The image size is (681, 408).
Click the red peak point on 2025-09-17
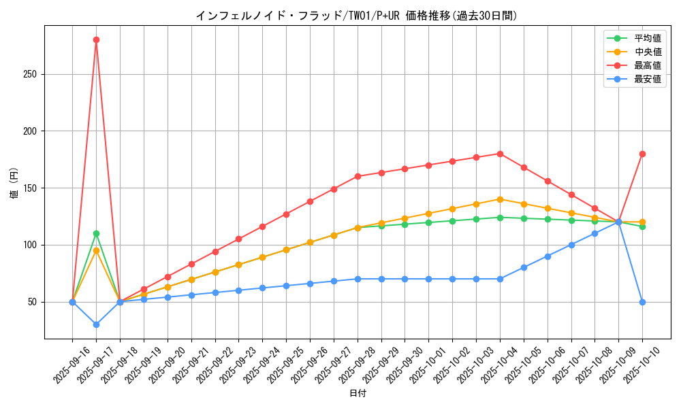point(96,39)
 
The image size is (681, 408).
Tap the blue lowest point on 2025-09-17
point(96,324)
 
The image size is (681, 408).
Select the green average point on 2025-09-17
point(96,233)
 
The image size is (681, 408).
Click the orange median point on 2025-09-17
point(96,250)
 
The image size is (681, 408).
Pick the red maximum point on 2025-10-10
point(642,154)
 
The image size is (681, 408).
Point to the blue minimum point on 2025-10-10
point(642,302)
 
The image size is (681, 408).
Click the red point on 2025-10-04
point(500,154)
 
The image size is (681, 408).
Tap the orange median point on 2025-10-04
point(500,199)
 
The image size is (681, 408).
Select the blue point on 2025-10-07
point(571,245)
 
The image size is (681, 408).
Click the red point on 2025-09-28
point(358,176)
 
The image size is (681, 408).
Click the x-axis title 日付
point(358,394)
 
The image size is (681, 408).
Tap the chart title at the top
point(357,16)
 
